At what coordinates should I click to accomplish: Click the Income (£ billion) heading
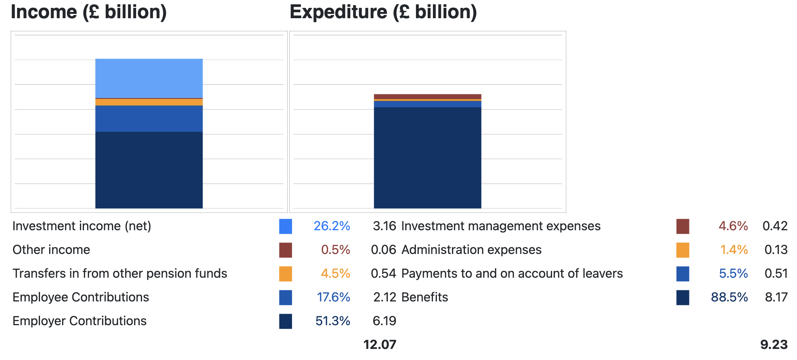[89, 12]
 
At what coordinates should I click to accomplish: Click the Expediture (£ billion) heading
[383, 12]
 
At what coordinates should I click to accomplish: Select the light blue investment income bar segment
[149, 78]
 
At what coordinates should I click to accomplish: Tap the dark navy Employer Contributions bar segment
[149, 170]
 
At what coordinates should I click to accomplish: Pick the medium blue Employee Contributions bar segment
[149, 118]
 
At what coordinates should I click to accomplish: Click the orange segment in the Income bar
[149, 102]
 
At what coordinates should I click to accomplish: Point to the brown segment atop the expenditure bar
[427, 97]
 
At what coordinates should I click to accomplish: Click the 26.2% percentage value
[332, 226]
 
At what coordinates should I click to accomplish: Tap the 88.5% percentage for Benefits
[729, 297]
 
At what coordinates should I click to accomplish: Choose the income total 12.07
[380, 345]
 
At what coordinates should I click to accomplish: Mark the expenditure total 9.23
[774, 345]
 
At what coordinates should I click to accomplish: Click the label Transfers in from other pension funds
[120, 273]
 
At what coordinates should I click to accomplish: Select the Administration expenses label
[471, 250]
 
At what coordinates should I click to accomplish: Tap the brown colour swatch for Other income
[285, 250]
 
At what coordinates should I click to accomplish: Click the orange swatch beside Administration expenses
[683, 250]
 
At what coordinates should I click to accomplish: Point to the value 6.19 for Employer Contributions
[384, 321]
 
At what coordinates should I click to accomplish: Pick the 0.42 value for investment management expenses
[775, 226]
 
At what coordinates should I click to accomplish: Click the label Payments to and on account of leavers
[512, 273]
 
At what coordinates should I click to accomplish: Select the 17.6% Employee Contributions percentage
[333, 297]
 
